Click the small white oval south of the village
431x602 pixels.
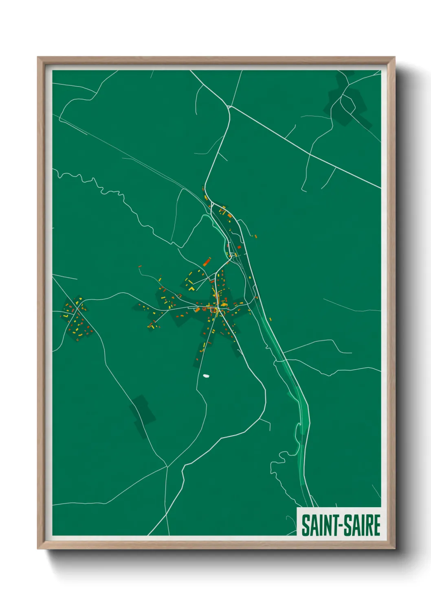pyautogui.click(x=206, y=376)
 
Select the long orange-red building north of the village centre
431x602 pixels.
pyautogui.click(x=207, y=262)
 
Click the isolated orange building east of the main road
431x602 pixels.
pyautogui.click(x=255, y=236)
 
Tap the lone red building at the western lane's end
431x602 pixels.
pyautogui.click(x=140, y=266)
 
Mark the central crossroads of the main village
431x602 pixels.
pyautogui.click(x=218, y=309)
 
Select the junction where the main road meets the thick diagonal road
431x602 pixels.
pyautogui.click(x=229, y=107)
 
